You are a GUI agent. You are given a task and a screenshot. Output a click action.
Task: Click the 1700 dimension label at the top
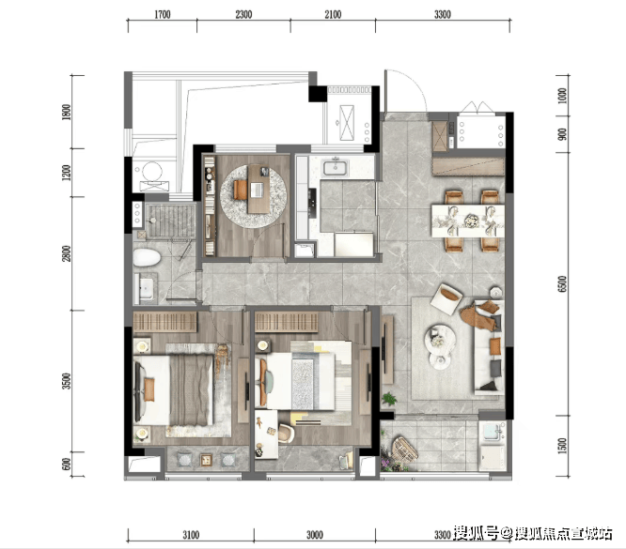(162, 15)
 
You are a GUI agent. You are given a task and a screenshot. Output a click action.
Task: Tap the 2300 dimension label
(243, 15)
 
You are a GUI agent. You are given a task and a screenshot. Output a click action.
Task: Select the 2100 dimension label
(333, 15)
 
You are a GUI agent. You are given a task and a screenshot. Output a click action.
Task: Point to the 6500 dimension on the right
(562, 283)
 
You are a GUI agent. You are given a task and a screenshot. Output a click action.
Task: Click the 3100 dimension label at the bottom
(191, 535)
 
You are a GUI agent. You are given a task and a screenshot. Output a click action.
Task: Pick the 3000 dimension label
(315, 535)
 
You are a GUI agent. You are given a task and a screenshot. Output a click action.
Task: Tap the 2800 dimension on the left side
(67, 253)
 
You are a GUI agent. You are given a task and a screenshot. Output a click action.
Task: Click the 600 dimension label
(67, 465)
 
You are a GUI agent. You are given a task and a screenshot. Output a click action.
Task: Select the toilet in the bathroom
(147, 257)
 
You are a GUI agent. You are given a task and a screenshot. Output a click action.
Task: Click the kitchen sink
(336, 167)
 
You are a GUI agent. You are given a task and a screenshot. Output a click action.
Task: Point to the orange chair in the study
(240, 190)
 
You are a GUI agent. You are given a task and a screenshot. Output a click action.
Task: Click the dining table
(467, 221)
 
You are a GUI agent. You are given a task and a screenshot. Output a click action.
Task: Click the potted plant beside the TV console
(388, 398)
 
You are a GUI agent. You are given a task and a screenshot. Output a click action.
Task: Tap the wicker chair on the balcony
(403, 450)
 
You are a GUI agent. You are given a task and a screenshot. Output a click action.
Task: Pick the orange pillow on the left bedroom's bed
(149, 389)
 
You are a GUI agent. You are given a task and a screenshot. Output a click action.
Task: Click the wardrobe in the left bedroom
(164, 322)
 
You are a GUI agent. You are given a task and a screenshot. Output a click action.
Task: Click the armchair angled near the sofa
(446, 298)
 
